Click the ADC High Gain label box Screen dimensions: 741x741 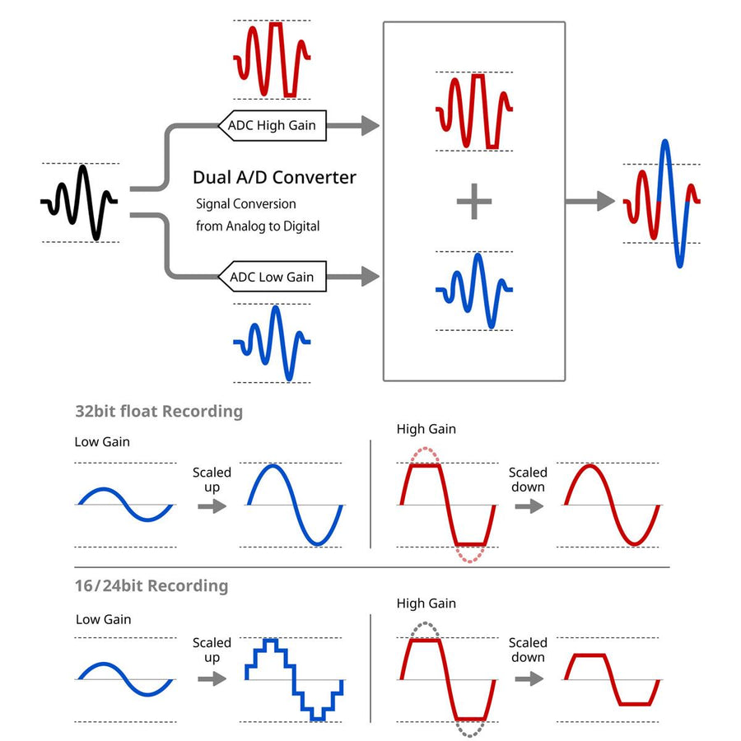click(x=273, y=125)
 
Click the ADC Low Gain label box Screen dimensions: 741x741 click(x=273, y=277)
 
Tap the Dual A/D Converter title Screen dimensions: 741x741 click(x=274, y=177)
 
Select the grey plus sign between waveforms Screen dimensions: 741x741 click(x=474, y=202)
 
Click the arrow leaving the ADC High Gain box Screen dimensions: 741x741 click(x=353, y=126)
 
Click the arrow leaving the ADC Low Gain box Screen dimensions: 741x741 click(x=353, y=277)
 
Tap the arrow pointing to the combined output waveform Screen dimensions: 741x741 click(x=590, y=202)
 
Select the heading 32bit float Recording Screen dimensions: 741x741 click(x=159, y=411)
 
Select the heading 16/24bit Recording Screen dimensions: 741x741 click(x=151, y=585)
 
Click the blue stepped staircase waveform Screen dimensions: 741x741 click(x=293, y=679)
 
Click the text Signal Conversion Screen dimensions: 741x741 click(x=245, y=203)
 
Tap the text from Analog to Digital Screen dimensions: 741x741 click(x=258, y=226)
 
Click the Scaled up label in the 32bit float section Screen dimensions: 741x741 click(x=212, y=479)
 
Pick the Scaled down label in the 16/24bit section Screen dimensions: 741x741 click(x=528, y=650)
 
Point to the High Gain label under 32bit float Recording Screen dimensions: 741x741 click(x=426, y=429)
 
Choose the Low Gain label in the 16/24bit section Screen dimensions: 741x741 click(x=104, y=619)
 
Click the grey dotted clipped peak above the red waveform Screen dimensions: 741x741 click(x=425, y=630)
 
